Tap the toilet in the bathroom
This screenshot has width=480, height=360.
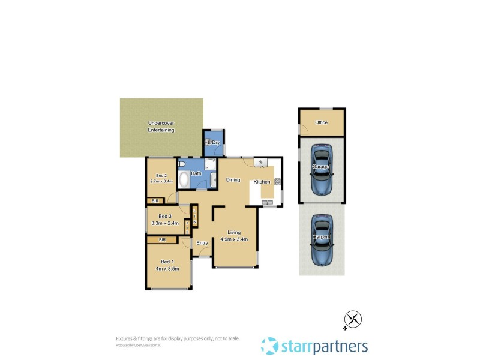[x=182, y=164]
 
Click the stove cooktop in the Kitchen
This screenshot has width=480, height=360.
[x=277, y=182]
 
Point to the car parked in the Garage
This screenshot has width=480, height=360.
[x=322, y=170]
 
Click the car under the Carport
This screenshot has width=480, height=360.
[x=322, y=240]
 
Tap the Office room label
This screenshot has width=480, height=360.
[x=322, y=122]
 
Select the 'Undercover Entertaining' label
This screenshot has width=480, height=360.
[x=161, y=127]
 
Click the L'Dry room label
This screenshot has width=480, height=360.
[x=213, y=142]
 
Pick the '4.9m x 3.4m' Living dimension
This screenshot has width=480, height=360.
[x=233, y=239]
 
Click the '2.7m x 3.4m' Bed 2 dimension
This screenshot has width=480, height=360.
[x=161, y=181]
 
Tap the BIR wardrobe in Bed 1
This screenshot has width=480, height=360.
[x=162, y=240]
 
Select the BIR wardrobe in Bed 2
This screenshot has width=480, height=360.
[x=155, y=200]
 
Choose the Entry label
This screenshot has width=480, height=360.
[x=202, y=243]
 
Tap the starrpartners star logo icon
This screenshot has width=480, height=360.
[x=270, y=346]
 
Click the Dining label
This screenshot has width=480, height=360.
[x=233, y=179]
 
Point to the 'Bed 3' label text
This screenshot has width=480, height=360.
[x=165, y=217]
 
